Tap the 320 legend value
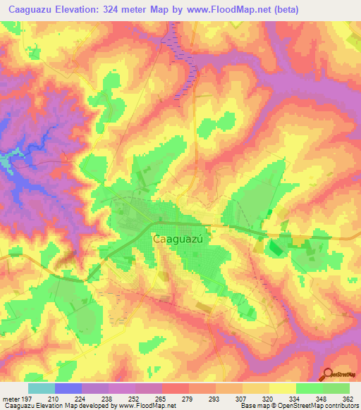pos(267,398)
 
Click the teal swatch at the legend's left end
pos(42,388)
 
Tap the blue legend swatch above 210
pos(68,388)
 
